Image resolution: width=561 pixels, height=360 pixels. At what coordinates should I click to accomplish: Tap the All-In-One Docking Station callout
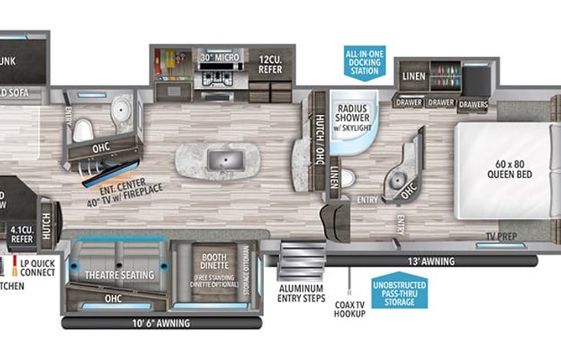coord(364,61)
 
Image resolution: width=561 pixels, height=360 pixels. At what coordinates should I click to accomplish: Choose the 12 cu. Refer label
coord(269,64)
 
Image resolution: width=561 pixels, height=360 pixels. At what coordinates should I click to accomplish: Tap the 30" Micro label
coord(220,58)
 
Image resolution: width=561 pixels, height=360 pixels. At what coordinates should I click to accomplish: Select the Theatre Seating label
coord(120,275)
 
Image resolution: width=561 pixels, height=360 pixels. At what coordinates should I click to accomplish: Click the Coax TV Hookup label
coord(349,309)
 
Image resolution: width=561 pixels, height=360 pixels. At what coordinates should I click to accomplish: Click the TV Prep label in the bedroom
coord(499,236)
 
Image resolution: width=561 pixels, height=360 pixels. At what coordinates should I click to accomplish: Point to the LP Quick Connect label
coord(35,267)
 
